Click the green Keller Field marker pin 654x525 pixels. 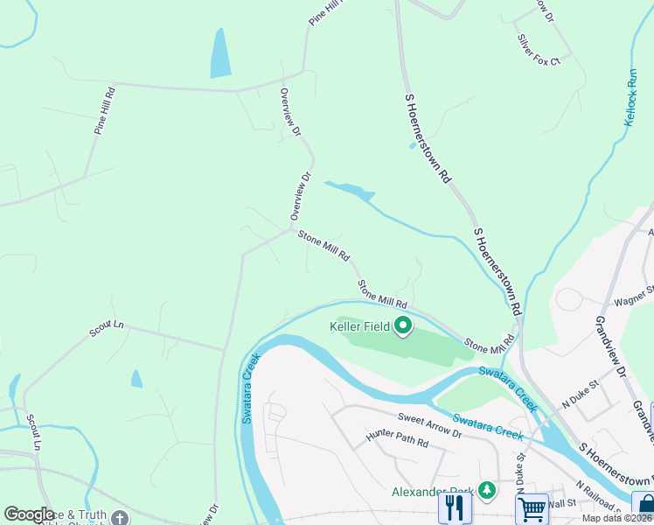[403, 327]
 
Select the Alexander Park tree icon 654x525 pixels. [487, 492]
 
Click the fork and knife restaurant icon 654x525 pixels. [454, 507]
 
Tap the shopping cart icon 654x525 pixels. [532, 507]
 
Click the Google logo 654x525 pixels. [29, 514]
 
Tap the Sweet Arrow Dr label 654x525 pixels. [429, 426]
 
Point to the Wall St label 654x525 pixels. [564, 503]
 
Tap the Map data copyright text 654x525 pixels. [617, 518]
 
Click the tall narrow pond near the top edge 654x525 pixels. [220, 53]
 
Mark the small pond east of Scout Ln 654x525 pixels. [136, 379]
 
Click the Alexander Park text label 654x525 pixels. [433, 492]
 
